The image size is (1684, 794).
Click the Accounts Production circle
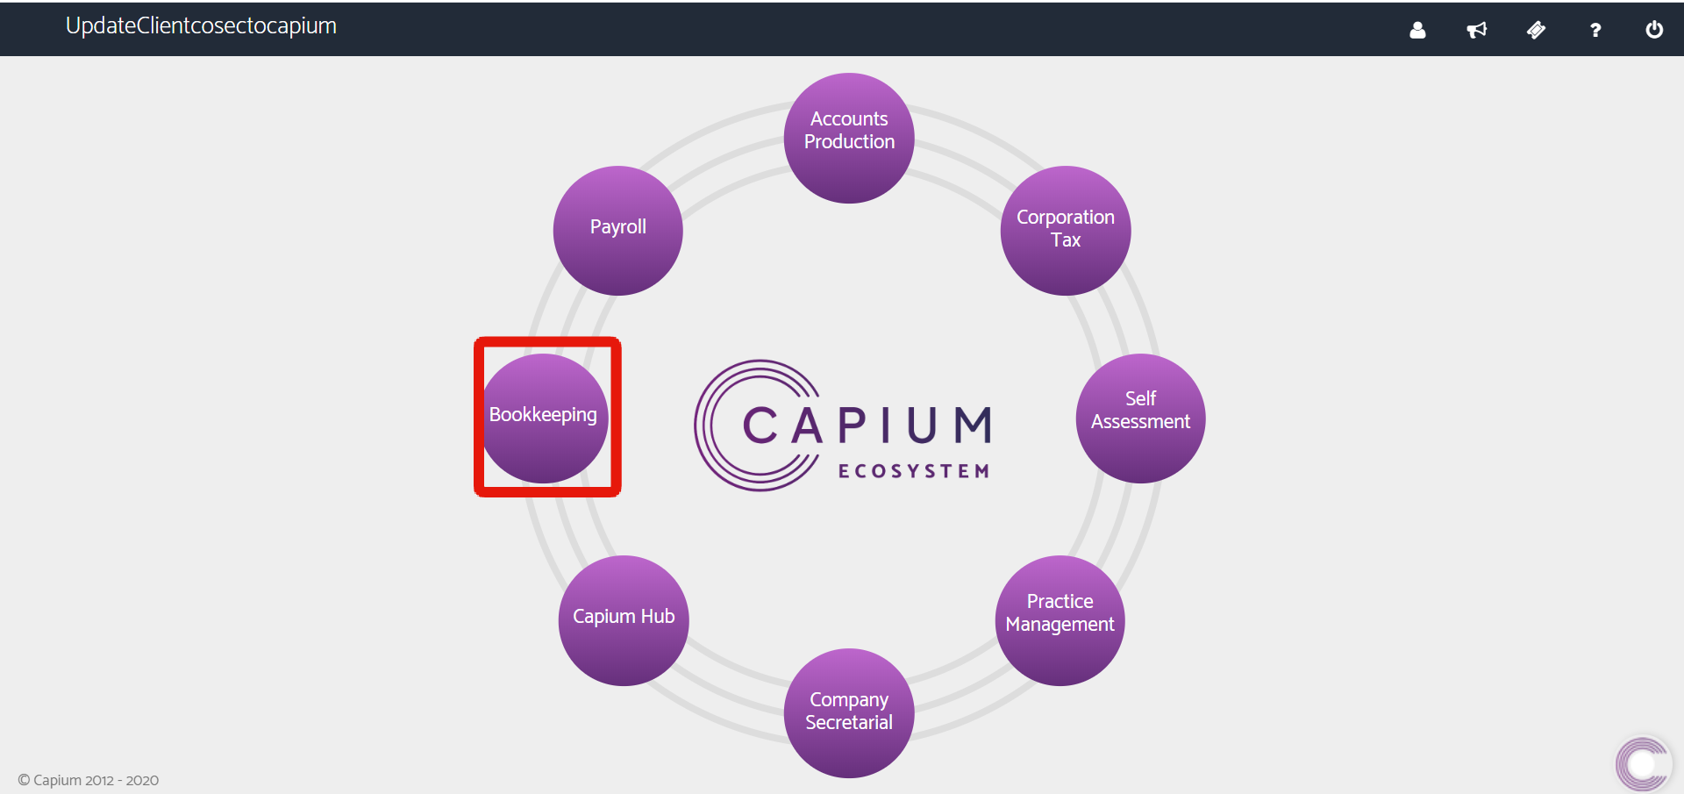coord(849,138)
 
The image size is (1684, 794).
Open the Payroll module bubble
coord(618,230)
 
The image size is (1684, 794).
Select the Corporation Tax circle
coord(1066,230)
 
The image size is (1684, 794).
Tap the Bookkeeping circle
coord(544,418)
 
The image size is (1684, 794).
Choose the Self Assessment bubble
coord(1140,418)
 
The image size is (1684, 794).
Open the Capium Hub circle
coord(624,619)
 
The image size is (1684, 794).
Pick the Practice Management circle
coord(1060,619)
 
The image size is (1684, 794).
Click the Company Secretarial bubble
coord(849,712)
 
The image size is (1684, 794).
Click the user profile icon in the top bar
coord(1417,30)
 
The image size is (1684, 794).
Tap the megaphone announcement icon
coord(1477,30)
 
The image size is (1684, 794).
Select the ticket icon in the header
coord(1536,30)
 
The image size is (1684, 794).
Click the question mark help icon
coord(1595,30)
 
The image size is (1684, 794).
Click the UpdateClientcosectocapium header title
coord(201,26)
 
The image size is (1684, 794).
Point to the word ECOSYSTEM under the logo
coord(914,471)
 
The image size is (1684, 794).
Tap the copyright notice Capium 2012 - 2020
coord(89,780)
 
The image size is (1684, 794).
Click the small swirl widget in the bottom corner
coord(1643,764)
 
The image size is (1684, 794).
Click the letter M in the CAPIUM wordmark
coord(973,426)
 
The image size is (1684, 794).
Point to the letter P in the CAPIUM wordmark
coord(853,426)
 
